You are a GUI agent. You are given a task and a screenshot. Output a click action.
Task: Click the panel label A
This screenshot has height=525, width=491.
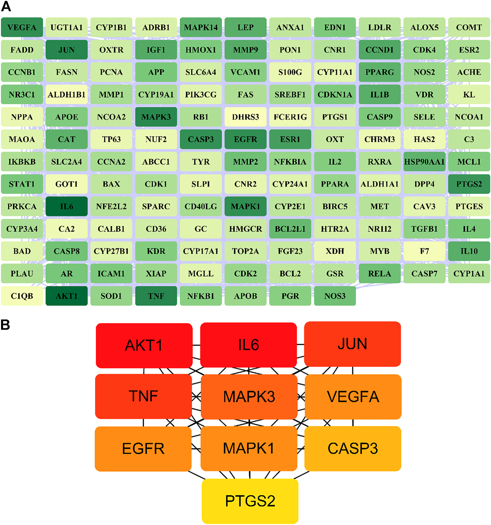tap(6, 6)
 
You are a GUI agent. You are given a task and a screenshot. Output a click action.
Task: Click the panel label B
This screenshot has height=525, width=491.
tap(5, 324)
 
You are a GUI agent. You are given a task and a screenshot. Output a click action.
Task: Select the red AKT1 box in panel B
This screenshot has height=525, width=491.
tap(144, 345)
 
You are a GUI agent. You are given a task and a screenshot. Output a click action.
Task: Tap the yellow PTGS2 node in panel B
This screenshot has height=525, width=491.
tap(250, 501)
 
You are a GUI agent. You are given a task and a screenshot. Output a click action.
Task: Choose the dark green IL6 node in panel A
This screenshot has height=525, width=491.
tap(67, 206)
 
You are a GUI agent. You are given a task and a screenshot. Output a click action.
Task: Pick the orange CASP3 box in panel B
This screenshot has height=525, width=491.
tap(353, 448)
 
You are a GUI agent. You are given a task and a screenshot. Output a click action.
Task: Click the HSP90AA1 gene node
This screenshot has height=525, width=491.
tap(424, 162)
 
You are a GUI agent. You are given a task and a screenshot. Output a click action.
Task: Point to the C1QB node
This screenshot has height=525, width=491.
tap(22, 296)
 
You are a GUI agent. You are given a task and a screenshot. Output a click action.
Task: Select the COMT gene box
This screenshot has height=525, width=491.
tap(469, 27)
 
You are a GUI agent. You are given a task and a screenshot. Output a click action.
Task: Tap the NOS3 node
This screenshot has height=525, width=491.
tap(335, 296)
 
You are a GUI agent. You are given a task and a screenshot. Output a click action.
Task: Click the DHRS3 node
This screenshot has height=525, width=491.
tap(245, 117)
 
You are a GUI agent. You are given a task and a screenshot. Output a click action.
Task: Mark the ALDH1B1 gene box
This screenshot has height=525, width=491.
tap(67, 95)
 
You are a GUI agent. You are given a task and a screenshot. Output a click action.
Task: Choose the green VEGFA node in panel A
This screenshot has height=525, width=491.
tap(22, 27)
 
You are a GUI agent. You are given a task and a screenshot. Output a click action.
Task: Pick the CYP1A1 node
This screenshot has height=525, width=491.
tap(469, 274)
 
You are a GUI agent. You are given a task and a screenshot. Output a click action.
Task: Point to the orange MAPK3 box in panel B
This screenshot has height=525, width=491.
tap(249, 397)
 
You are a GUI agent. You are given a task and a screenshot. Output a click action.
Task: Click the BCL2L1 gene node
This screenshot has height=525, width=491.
tap(290, 229)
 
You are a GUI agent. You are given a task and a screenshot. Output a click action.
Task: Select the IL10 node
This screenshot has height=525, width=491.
tap(469, 251)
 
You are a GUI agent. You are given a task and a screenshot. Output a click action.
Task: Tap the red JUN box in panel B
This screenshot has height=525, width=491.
tap(352, 344)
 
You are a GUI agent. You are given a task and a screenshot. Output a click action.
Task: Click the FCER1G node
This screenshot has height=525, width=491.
tap(290, 117)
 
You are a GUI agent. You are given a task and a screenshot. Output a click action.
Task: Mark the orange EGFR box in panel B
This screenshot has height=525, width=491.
tap(143, 448)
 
